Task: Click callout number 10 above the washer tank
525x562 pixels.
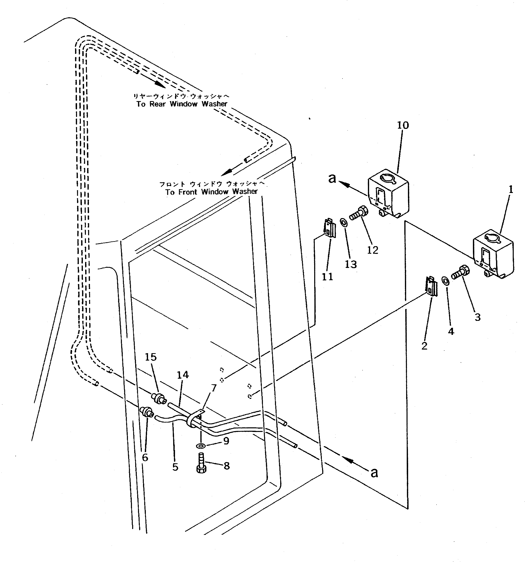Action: tap(403, 125)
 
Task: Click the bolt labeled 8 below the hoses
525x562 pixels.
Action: tap(201, 463)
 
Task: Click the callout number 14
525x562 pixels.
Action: tap(182, 375)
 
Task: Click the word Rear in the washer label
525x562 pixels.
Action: tap(157, 104)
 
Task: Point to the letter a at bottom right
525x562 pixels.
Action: tap(374, 473)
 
